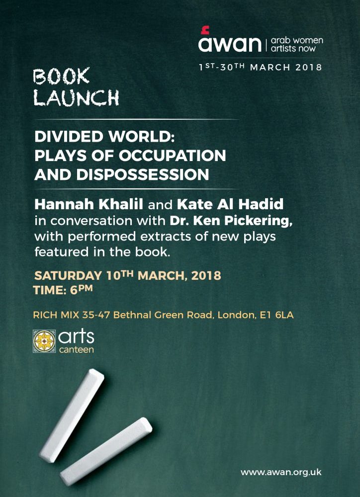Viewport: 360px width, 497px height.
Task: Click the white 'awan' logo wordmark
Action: click(x=230, y=44)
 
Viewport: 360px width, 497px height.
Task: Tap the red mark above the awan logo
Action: click(x=205, y=30)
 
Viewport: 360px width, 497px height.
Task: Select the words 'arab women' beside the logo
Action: click(x=297, y=41)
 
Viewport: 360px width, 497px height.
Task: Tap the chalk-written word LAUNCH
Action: click(x=77, y=97)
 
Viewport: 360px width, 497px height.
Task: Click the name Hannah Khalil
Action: click(x=89, y=204)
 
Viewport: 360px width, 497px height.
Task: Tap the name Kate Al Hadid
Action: click(x=230, y=204)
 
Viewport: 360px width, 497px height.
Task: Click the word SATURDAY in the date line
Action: click(x=68, y=275)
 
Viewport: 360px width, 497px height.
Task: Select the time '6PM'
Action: click(x=82, y=290)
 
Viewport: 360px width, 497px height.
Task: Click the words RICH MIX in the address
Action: click(x=56, y=315)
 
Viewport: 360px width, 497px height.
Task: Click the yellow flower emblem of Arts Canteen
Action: click(x=44, y=341)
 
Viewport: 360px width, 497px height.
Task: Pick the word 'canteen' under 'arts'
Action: click(x=77, y=350)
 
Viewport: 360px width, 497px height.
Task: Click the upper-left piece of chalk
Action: click(x=72, y=415)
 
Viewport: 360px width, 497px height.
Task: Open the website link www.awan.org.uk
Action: click(x=281, y=472)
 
